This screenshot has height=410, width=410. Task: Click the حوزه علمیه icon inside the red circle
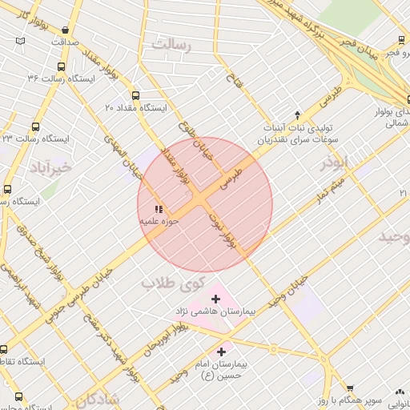pyautogui.click(x=157, y=210)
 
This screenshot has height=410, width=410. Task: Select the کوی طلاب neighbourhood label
pyautogui.click(x=173, y=284)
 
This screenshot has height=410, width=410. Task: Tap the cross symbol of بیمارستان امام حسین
pyautogui.click(x=222, y=352)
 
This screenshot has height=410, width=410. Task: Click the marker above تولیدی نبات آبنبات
pyautogui.click(x=297, y=115)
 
